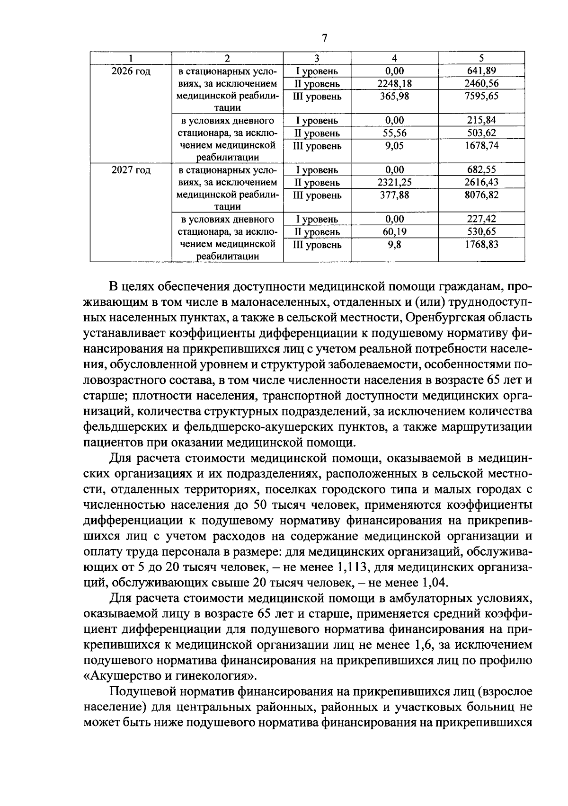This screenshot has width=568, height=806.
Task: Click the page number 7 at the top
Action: [324, 38]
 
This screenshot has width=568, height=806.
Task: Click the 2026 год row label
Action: [131, 71]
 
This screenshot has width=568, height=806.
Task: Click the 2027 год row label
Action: [131, 170]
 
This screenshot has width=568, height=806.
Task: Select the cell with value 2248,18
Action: [394, 84]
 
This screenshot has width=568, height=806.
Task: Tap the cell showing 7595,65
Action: [481, 96]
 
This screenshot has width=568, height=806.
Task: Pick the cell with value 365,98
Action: [394, 96]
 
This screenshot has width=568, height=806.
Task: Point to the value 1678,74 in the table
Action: [481, 146]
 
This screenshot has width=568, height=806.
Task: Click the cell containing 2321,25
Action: [394, 182]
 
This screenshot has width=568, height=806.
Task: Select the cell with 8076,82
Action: [481, 195]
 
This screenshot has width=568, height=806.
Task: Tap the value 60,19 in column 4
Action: [394, 232]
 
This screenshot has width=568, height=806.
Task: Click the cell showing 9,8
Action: [394, 245]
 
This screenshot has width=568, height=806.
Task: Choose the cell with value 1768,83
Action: [481, 245]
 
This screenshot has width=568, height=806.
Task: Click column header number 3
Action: [317, 58]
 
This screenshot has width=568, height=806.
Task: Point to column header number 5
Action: [481, 58]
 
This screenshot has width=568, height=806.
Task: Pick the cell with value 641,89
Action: [481, 71]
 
